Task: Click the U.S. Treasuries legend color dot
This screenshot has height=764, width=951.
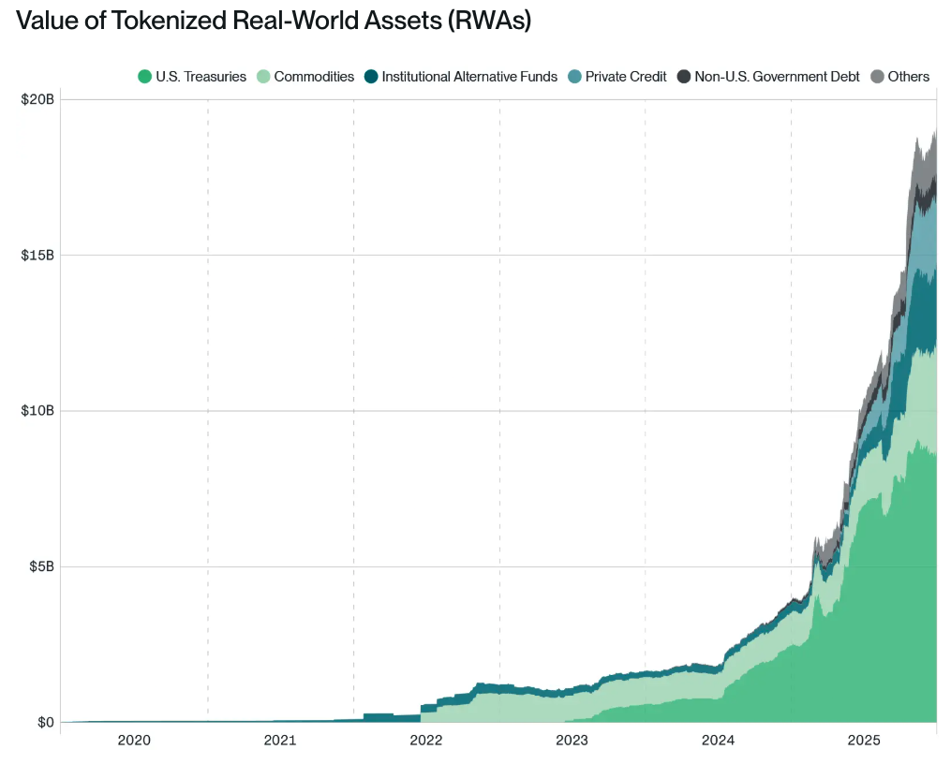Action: pos(144,77)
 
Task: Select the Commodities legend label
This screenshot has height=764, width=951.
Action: pos(314,77)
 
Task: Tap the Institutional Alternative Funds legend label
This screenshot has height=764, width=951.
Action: pos(469,77)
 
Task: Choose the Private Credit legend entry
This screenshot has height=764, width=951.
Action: pos(625,77)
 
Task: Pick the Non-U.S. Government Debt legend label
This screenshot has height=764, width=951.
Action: pos(777,77)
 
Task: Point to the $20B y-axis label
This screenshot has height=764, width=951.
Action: pos(37,99)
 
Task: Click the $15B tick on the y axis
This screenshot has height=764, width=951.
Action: pos(37,255)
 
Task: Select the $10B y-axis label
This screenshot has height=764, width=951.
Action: pos(37,411)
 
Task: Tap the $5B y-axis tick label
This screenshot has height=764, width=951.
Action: pos(40,566)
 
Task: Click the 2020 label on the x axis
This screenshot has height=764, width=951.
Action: pos(134,741)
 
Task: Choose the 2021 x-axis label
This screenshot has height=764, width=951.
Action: pos(280,741)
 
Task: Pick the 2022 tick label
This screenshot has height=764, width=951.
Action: pos(426,741)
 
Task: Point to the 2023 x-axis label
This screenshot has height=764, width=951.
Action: pos(572,741)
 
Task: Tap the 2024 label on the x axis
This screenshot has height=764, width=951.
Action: pos(718,741)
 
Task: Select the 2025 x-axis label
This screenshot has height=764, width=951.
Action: pos(864,741)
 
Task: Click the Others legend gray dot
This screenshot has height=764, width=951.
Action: pos(878,77)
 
